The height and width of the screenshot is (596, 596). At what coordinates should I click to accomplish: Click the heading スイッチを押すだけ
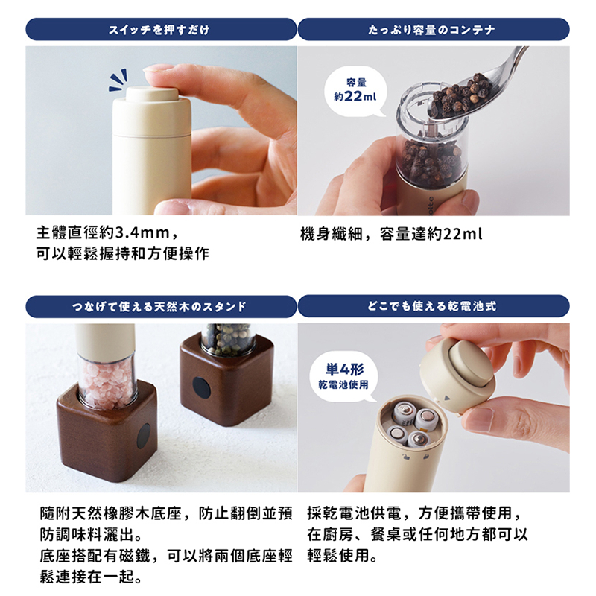pyautogui.click(x=159, y=30)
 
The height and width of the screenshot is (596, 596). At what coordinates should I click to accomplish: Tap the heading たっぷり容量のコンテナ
pyautogui.click(x=432, y=30)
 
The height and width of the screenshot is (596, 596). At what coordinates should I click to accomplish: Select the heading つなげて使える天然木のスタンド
pyautogui.click(x=159, y=306)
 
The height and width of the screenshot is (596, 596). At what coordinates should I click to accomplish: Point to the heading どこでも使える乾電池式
pyautogui.click(x=432, y=306)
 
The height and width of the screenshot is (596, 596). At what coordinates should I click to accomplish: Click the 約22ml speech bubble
pyautogui.click(x=355, y=91)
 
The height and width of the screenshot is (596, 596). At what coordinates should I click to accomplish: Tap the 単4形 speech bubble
pyautogui.click(x=344, y=376)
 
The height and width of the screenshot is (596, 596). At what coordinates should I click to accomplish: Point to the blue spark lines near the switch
pyautogui.click(x=118, y=80)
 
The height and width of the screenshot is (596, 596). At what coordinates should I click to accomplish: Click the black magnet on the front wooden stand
pyautogui.click(x=144, y=436)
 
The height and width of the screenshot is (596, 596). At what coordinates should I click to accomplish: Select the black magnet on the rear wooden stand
pyautogui.click(x=201, y=387)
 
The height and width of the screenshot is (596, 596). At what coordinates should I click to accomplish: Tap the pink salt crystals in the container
pyautogui.click(x=107, y=385)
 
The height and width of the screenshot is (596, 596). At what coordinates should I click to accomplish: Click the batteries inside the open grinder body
pyautogui.click(x=413, y=424)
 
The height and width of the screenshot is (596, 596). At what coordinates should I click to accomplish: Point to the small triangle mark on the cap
pyautogui.click(x=447, y=399)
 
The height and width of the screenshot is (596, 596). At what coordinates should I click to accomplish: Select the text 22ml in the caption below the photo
pyautogui.click(x=463, y=233)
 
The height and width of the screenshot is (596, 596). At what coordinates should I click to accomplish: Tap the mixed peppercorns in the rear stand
pyautogui.click(x=227, y=338)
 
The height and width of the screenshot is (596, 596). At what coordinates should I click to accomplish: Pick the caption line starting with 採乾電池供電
pyautogui.click(x=414, y=513)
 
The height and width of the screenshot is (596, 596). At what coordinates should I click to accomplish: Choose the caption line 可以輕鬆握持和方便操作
pyautogui.click(x=123, y=253)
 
